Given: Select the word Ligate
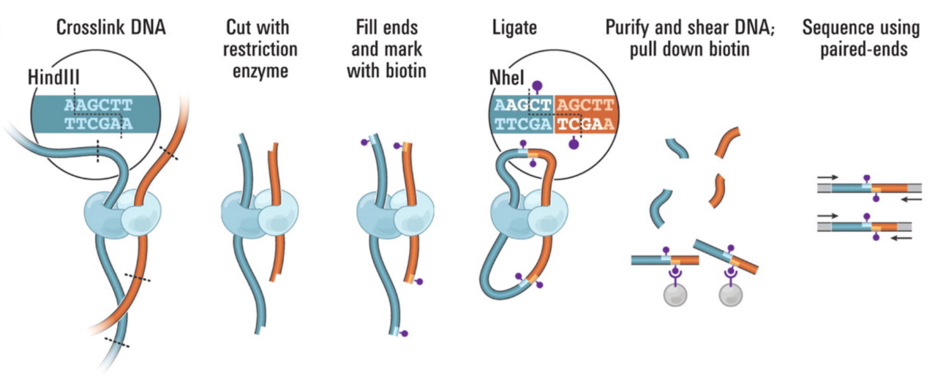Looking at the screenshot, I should [514, 29].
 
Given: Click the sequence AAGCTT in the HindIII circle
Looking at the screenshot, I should [99, 106].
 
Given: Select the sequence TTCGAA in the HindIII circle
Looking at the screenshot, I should [99, 124].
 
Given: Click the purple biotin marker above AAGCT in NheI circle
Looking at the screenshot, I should [536, 86].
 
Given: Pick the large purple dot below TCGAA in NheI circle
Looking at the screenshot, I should [574, 144].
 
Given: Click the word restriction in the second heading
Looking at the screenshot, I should [261, 50].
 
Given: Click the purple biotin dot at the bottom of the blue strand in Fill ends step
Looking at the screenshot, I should [404, 333].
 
